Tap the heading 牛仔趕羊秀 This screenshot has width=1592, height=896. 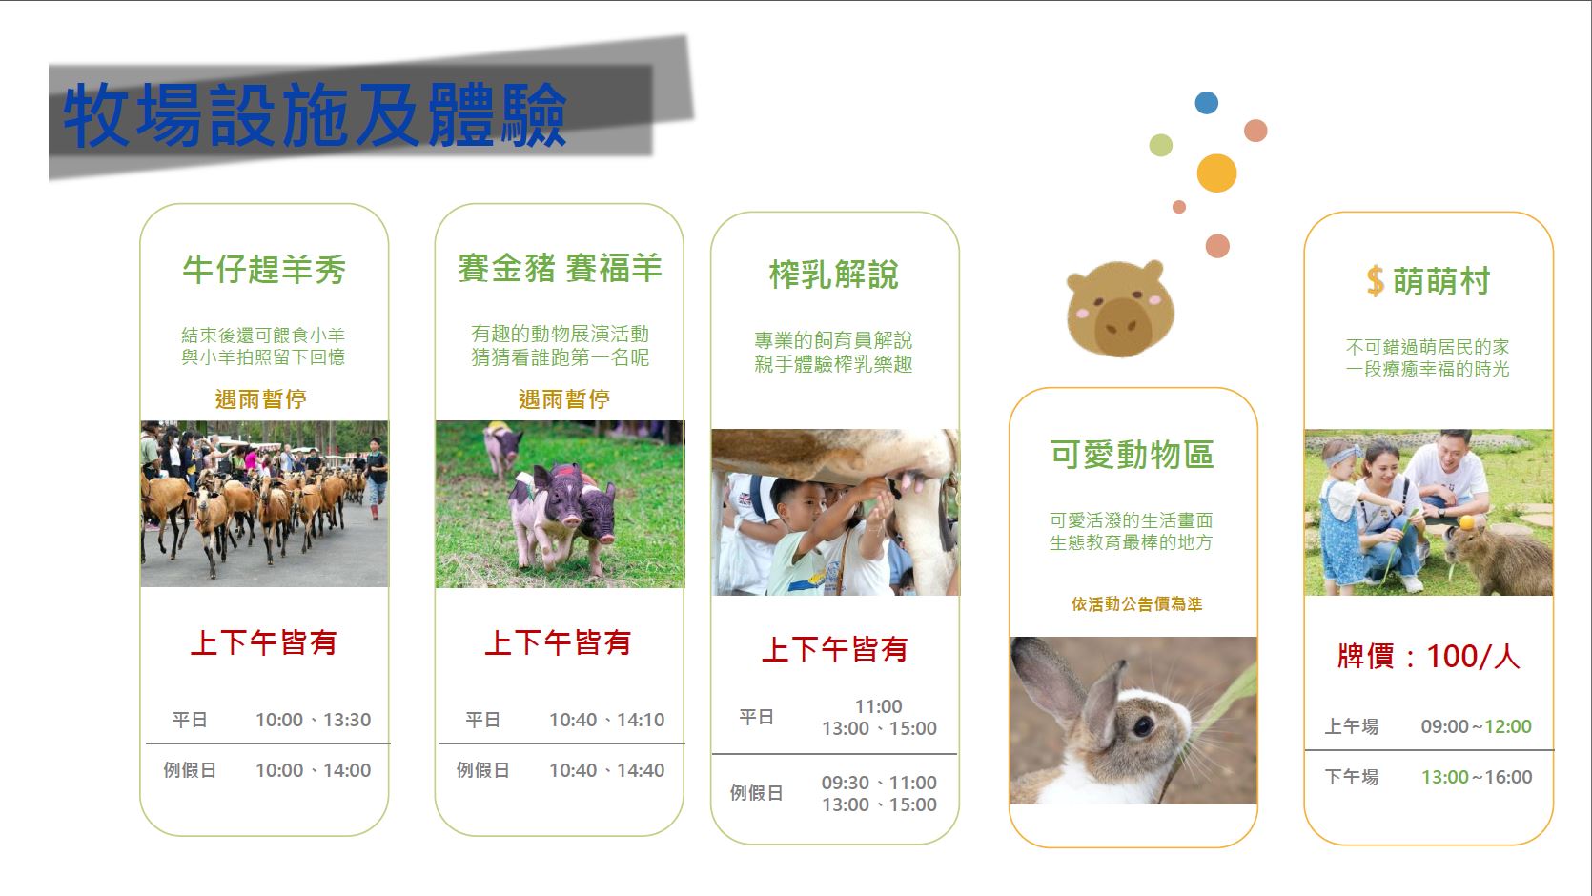pyautogui.click(x=264, y=270)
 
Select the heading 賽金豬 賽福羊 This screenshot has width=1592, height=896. pyautogui.click(x=560, y=269)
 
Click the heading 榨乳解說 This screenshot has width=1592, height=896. pyautogui.click(x=834, y=275)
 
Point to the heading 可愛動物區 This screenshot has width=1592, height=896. pyautogui.click(x=1133, y=455)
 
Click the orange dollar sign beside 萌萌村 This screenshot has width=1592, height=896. pyautogui.click(x=1376, y=280)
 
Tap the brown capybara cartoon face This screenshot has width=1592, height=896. pyautogui.click(x=1120, y=309)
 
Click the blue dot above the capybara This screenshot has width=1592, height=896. pyautogui.click(x=1206, y=103)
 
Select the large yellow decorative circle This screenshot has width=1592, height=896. pyautogui.click(x=1216, y=173)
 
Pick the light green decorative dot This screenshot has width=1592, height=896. pyautogui.click(x=1160, y=145)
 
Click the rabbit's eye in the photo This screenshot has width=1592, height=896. pyautogui.click(x=1144, y=726)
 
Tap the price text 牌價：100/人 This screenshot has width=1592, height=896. pyautogui.click(x=1429, y=657)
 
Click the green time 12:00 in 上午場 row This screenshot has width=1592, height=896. pyautogui.click(x=1508, y=726)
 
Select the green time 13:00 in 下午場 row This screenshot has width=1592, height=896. pyautogui.click(x=1445, y=777)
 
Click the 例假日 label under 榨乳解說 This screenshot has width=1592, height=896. pyautogui.click(x=756, y=793)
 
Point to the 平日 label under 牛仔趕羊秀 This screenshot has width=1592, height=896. pyautogui.click(x=190, y=720)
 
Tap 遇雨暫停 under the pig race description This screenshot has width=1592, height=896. pyautogui.click(x=564, y=399)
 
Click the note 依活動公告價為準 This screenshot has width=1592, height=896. pyautogui.click(x=1137, y=604)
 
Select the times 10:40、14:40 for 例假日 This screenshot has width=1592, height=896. pyautogui.click(x=607, y=770)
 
